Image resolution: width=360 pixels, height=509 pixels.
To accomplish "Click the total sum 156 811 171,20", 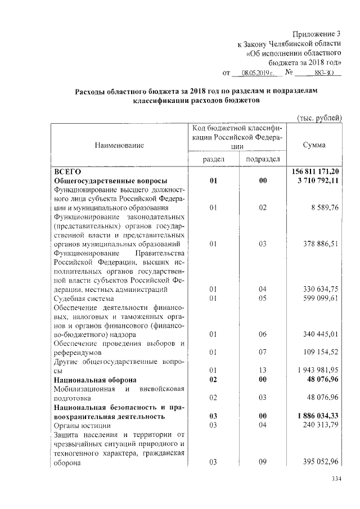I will coord(316,171).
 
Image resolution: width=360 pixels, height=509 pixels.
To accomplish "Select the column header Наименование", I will coord(119,145).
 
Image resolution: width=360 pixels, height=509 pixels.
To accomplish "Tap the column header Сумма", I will coord(314,145).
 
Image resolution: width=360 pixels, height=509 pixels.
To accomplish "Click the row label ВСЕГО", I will coord(67,171).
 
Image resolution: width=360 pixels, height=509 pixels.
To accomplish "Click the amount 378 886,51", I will coord(320,244).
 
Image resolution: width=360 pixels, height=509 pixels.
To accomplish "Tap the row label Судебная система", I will coord(84,299).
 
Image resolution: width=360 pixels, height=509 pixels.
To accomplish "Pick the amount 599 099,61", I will coord(320,299).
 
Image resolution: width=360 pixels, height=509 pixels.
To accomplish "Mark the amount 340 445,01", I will coord(320,335).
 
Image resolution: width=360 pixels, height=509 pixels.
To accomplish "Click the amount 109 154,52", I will coord(320,353).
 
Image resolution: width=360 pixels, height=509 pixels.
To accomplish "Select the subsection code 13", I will coord(263,371).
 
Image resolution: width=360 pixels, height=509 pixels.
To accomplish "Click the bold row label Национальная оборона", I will coord(93,380).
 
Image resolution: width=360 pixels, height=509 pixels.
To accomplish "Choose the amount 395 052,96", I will coord(320,462).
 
